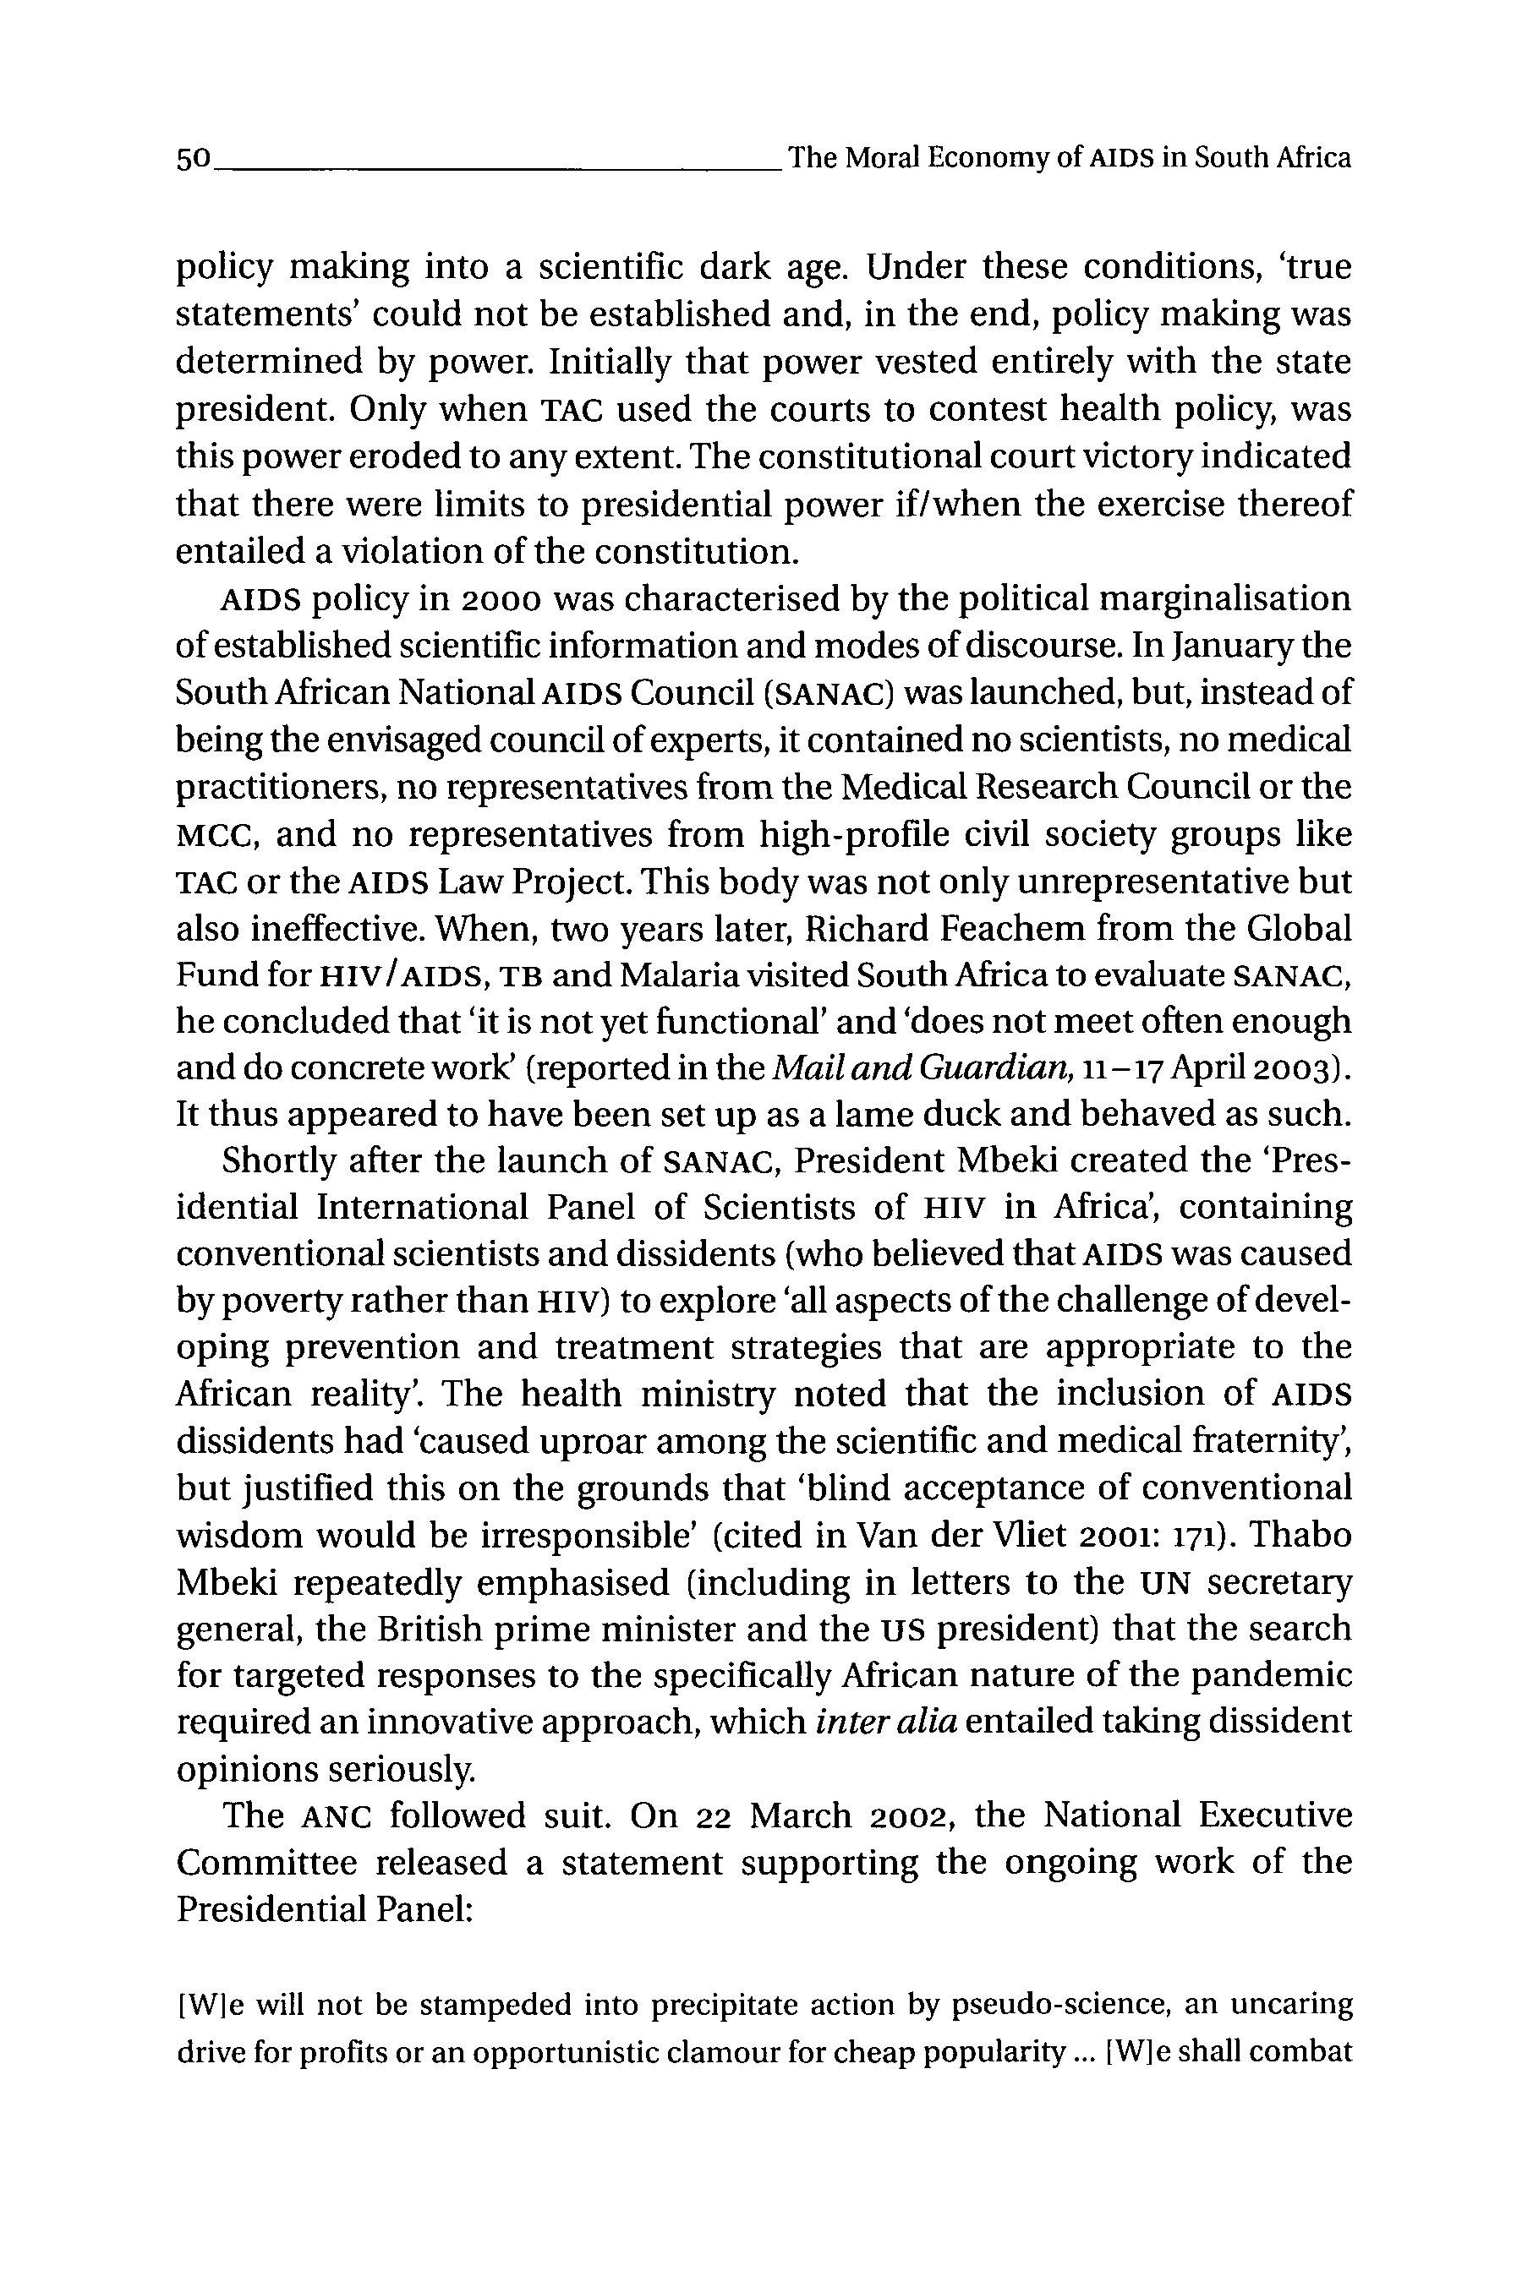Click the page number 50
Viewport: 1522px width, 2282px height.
[193, 158]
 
